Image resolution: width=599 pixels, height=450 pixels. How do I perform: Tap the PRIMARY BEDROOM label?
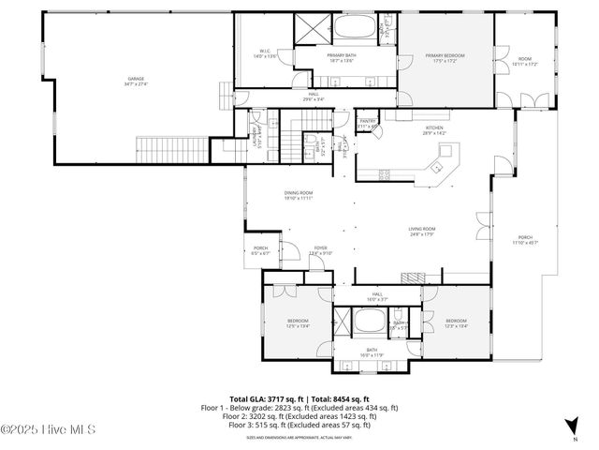tap(446, 57)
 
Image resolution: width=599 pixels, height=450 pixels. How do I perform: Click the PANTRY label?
tap(369, 121)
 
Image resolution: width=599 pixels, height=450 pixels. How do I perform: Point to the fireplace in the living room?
tap(414, 277)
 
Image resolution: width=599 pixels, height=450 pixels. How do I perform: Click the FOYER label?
tap(321, 249)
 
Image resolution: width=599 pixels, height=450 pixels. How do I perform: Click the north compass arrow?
tap(572, 427)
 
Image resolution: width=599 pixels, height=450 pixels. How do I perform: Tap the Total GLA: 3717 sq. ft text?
tap(263, 398)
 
